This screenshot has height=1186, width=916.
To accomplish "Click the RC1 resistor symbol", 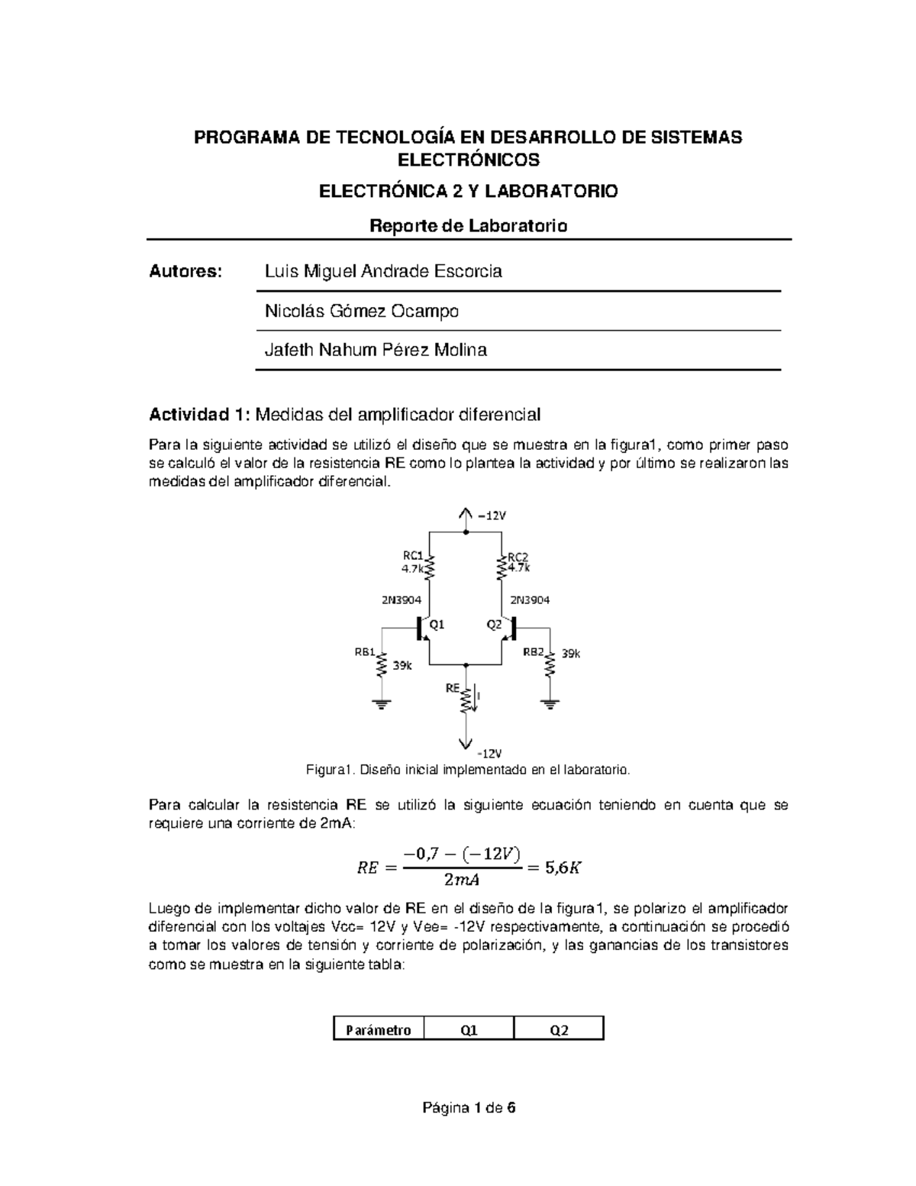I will click(x=429, y=567).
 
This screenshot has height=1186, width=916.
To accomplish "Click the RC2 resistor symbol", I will click(x=502, y=567).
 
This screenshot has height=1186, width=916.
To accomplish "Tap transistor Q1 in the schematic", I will click(x=422, y=628).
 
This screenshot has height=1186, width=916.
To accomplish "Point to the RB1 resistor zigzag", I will click(x=381, y=666).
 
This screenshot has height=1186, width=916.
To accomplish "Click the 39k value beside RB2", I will click(x=571, y=654).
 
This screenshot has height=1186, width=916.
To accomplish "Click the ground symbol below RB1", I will click(x=381, y=703).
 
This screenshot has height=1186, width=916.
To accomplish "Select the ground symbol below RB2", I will click(x=550, y=703).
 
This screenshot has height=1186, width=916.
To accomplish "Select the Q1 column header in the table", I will click(x=469, y=1030).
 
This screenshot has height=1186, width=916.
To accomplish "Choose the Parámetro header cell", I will click(x=379, y=1030).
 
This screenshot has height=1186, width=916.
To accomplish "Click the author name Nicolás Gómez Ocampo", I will click(x=361, y=312).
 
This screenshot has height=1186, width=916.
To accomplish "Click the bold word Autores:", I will click(x=185, y=272).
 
